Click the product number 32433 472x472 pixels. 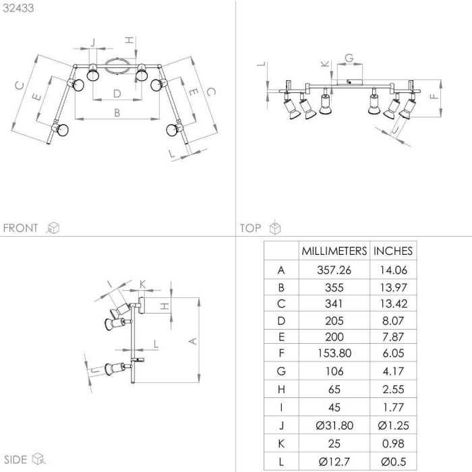pos(18,8)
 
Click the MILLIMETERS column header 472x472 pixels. pos(334,251)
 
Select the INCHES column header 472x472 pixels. pos(393,251)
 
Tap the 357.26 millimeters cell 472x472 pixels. pos(334,270)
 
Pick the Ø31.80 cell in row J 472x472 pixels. pos(334,425)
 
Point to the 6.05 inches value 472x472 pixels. pos(393,353)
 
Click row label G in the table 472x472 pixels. pos(281,371)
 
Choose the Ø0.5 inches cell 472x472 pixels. pos(393,461)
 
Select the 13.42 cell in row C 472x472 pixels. pos(393,303)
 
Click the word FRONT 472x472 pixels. pos(20,228)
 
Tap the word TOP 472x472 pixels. pos(250,228)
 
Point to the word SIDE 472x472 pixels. pos(16,460)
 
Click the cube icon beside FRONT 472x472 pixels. pos(53,228)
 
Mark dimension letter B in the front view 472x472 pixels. pos(117,113)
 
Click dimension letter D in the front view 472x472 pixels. pos(117,94)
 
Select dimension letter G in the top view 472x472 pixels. pos(349,58)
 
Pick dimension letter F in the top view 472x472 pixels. pos(434,96)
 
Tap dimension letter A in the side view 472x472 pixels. pos(192,341)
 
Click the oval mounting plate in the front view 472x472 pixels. pos(117,65)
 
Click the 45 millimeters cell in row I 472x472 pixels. pos(334,407)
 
